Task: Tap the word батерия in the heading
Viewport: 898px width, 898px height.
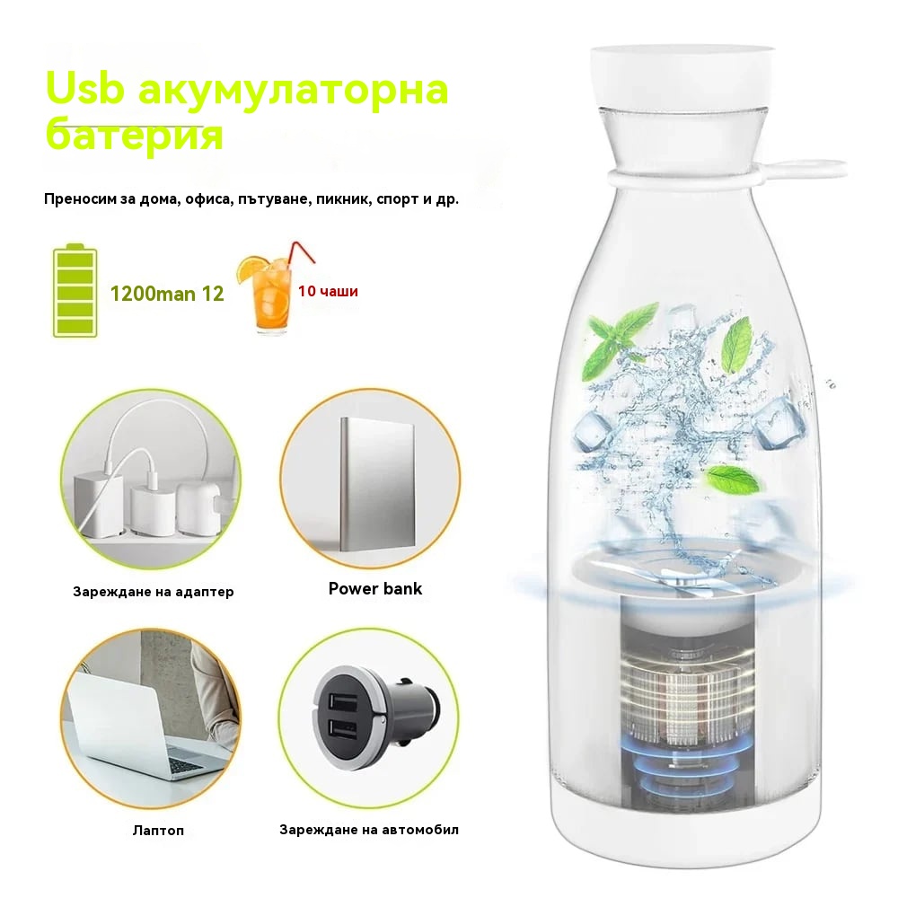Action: (134, 136)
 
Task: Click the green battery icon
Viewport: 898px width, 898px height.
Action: (75, 291)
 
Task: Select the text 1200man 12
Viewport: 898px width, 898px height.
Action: (167, 294)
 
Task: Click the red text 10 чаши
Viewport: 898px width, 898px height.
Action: (328, 292)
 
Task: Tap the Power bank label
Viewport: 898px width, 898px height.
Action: (375, 589)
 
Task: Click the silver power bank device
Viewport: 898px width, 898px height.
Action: (377, 485)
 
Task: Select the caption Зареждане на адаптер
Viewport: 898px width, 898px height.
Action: (153, 592)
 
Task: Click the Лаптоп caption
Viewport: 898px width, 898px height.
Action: (158, 831)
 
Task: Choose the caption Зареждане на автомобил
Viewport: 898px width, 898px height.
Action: (369, 830)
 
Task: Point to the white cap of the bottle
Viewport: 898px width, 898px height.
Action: (682, 76)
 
